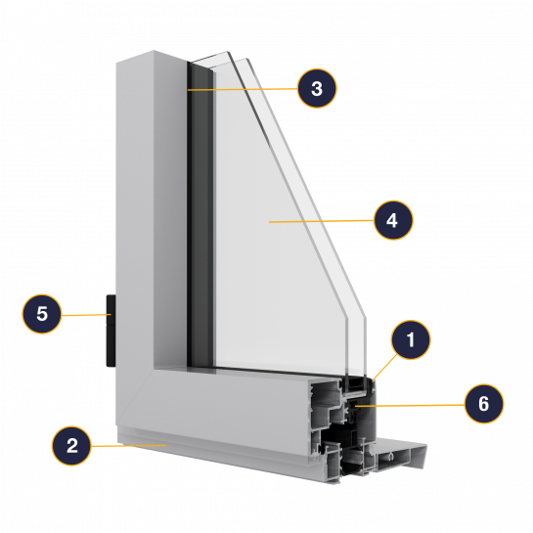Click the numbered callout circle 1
tap(411, 339)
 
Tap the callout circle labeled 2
tap(71, 446)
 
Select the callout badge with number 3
tap(317, 88)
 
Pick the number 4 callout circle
tap(393, 220)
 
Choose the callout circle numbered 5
tap(42, 313)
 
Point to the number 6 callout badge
tap(484, 404)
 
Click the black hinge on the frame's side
tap(111, 331)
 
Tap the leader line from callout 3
tap(243, 89)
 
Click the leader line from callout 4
tap(321, 221)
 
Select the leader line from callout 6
tap(409, 405)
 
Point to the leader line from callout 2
tap(128, 445)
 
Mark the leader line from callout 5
tap(86, 315)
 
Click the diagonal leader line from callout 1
tap(385, 367)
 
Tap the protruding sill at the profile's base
tap(401, 454)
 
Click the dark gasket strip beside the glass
tap(200, 214)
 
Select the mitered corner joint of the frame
tap(135, 397)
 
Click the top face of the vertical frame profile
tap(152, 57)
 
